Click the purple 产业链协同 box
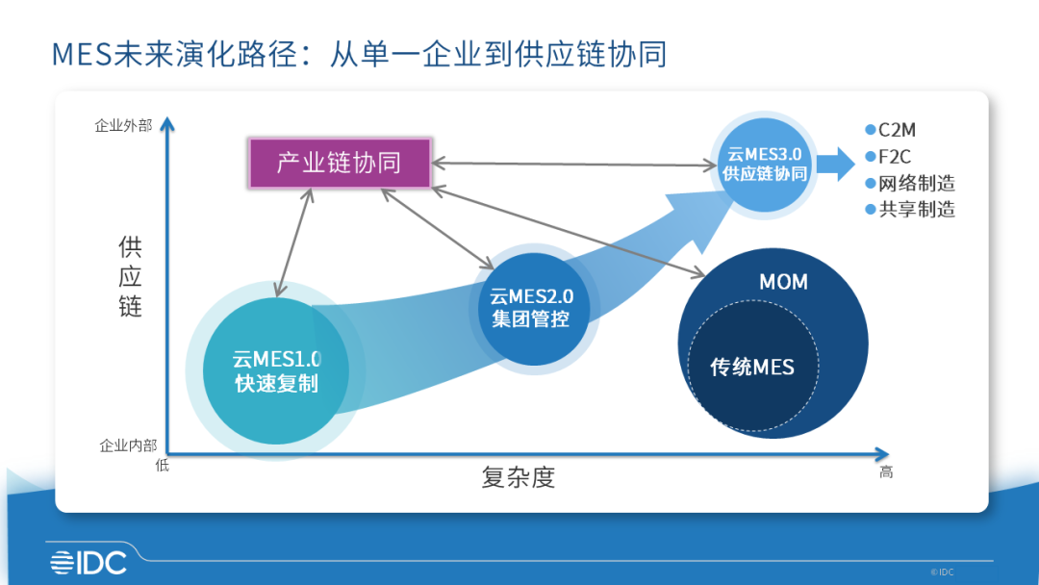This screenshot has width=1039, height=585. coord(339,163)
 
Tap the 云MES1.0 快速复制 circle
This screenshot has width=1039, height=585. coord(276,371)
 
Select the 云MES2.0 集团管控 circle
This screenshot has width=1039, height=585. coord(532,307)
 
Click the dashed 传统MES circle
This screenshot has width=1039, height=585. coord(752,367)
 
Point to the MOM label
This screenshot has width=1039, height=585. coord(783,282)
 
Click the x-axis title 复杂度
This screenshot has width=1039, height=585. coord(519,477)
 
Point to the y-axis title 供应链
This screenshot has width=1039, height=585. coord(131,277)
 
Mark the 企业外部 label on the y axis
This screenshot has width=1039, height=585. coord(123,125)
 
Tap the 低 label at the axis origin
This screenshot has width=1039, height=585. coord(162,466)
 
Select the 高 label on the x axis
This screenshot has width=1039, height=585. coord(886,472)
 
